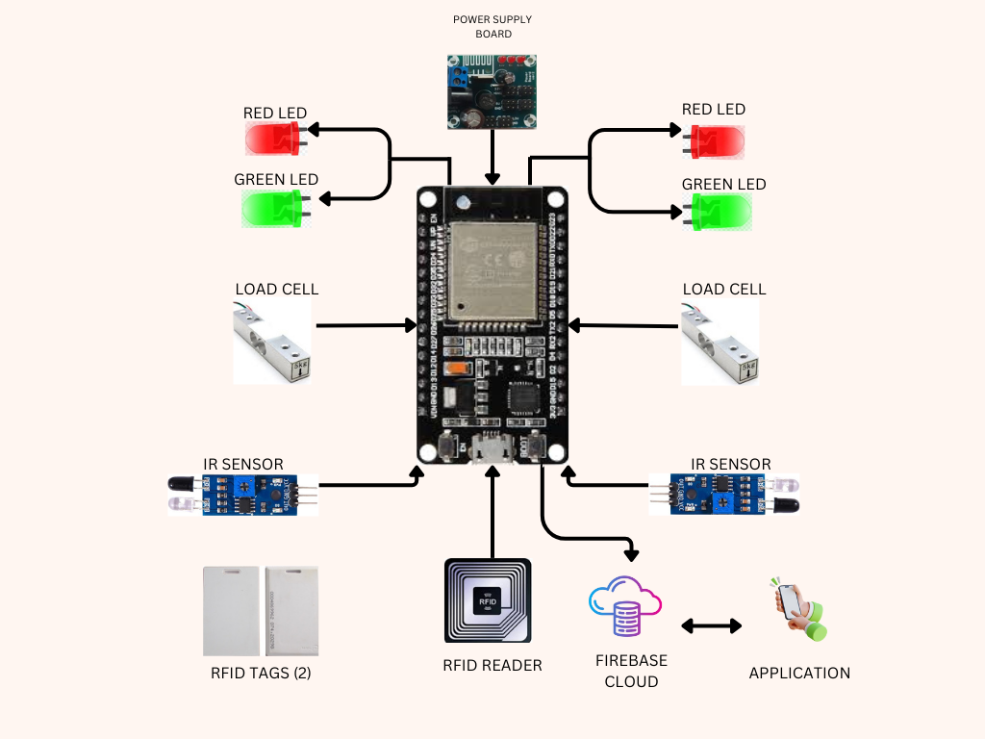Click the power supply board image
click(x=492, y=91)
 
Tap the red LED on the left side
click(x=274, y=141)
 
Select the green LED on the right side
click(x=719, y=212)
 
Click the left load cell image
click(x=272, y=343)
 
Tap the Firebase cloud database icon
click(x=624, y=606)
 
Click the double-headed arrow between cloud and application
click(x=712, y=626)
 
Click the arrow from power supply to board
click(x=492, y=157)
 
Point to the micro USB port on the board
click(x=492, y=449)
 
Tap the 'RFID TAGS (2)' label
click(x=261, y=673)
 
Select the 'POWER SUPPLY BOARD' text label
click(x=492, y=26)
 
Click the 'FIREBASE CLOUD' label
click(x=631, y=671)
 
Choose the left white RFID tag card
click(x=231, y=611)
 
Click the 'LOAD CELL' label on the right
click(x=724, y=289)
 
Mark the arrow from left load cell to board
click(x=366, y=326)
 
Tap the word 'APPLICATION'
click(x=799, y=673)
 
